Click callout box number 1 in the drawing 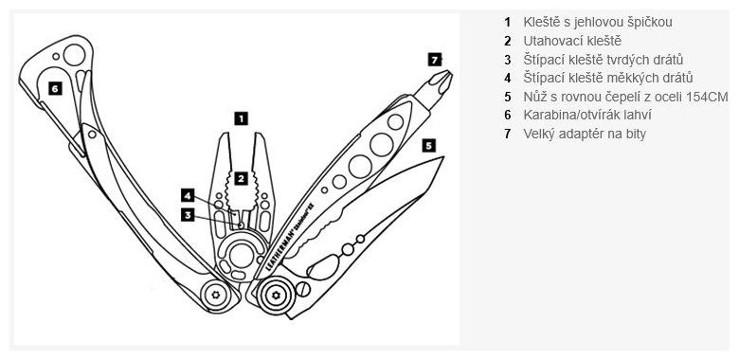coord(241,118)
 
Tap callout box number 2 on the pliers coord(241,177)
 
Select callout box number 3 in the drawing coord(189,214)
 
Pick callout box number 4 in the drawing coord(189,195)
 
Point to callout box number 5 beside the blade coord(428,146)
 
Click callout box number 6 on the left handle coord(55,88)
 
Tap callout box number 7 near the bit coord(434,60)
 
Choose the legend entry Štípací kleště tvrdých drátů coord(603,60)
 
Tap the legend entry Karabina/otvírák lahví coord(587,115)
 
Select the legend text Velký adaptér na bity coord(585,134)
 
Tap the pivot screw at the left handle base coord(216,294)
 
